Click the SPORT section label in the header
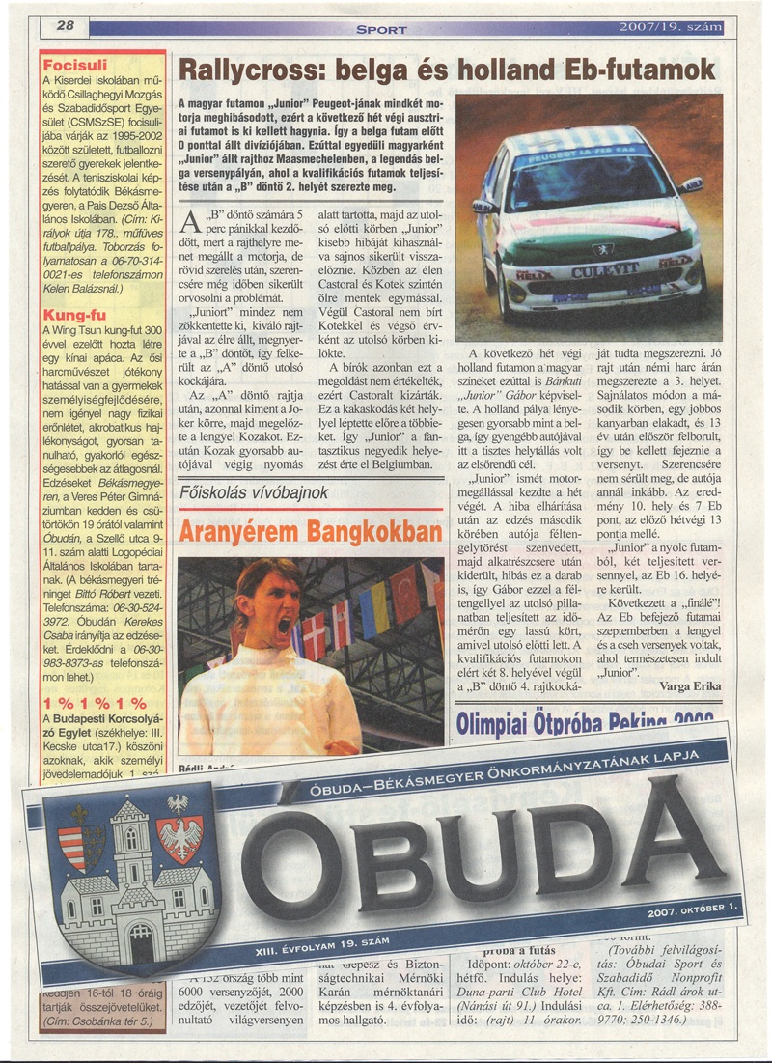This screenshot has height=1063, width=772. [382, 30]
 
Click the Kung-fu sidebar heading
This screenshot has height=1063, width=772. [70, 315]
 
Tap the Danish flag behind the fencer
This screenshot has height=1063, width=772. [315, 635]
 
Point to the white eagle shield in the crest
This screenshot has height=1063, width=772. [179, 831]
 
